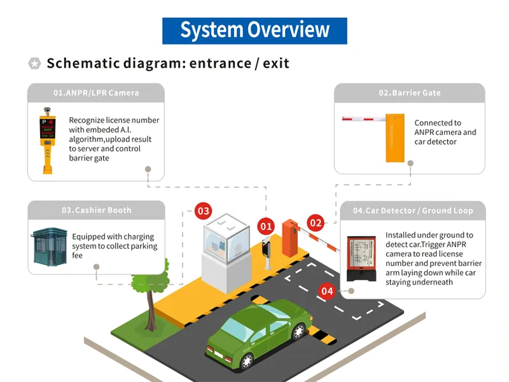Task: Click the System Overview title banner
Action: click(x=254, y=31)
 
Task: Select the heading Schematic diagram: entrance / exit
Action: click(x=168, y=63)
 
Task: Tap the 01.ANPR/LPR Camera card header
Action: click(x=95, y=93)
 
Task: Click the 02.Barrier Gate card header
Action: click(x=409, y=93)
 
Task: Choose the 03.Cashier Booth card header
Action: click(x=96, y=210)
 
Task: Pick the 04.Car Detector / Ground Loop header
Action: click(x=413, y=211)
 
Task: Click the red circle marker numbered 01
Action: click(x=266, y=225)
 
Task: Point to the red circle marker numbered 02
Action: click(x=316, y=222)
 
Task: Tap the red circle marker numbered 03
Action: click(x=202, y=211)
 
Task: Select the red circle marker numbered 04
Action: click(x=326, y=291)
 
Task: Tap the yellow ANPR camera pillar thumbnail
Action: click(x=47, y=139)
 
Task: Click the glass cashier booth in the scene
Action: click(x=227, y=245)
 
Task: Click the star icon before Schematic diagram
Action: click(x=34, y=63)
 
